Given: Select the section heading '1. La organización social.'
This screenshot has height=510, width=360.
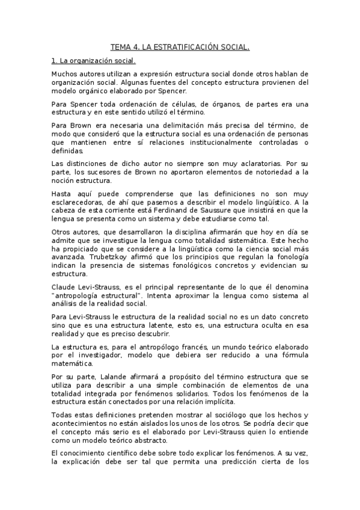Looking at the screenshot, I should tap(94, 61).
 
